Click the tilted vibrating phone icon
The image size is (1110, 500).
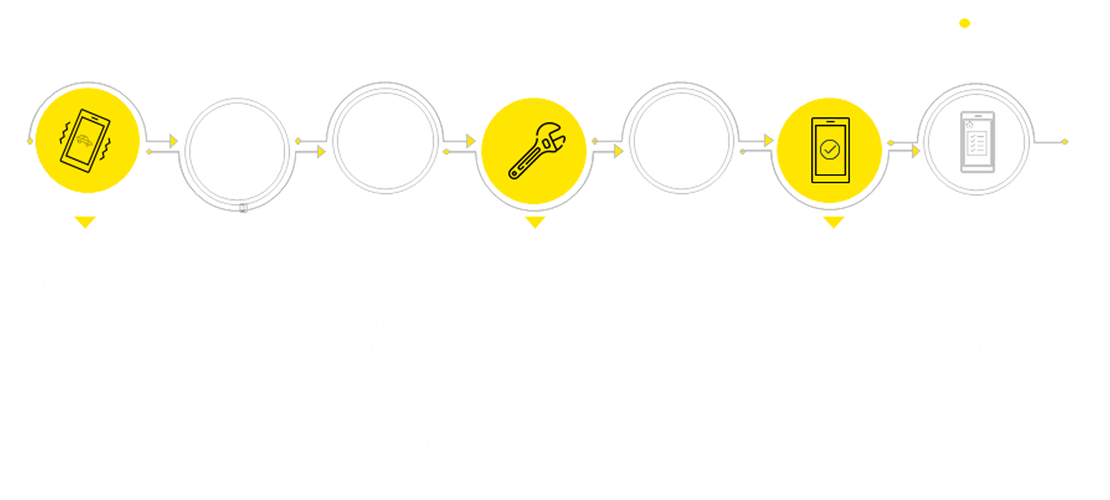pos(85,141)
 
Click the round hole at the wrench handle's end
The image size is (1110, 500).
pos(514,174)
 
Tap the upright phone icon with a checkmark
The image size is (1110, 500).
pos(830,150)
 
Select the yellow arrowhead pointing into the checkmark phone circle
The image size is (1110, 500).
pos(769,141)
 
